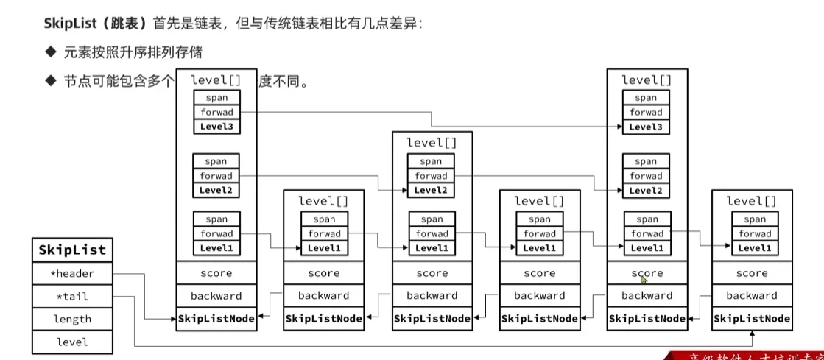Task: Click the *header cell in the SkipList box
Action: click(72, 274)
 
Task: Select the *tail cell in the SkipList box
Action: click(72, 297)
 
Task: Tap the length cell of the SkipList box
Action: click(72, 319)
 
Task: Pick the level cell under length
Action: click(72, 342)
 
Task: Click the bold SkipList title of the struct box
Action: click(72, 250)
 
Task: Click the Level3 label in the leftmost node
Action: click(216, 127)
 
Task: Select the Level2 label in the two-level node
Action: click(431, 190)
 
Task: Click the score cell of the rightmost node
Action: click(752, 273)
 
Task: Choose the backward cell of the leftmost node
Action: click(216, 296)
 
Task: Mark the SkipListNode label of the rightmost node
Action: click(752, 319)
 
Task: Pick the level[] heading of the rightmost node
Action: click(751, 201)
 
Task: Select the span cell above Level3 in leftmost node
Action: click(216, 97)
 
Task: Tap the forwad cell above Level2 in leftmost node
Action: click(216, 176)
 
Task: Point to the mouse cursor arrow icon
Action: click(644, 279)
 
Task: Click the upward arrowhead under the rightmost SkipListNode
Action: click(752, 334)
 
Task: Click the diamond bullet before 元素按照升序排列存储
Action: click(50, 53)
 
